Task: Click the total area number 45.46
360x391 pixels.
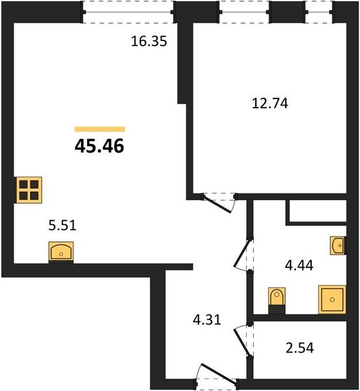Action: click(99, 146)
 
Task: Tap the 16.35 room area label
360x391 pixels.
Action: click(148, 41)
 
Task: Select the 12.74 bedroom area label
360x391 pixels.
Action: click(270, 103)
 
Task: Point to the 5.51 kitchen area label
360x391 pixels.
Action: click(62, 225)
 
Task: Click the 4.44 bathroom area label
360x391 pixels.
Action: click(299, 265)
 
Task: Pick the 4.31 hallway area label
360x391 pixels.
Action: click(207, 320)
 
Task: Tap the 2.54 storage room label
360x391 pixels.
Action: click(299, 348)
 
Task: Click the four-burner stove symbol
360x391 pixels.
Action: click(29, 190)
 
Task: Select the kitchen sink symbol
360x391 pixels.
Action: click(61, 252)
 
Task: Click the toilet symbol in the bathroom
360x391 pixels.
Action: click(277, 300)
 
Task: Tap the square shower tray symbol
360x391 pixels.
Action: click(332, 300)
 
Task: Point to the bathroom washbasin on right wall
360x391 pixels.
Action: click(338, 246)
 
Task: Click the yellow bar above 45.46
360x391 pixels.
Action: click(100, 129)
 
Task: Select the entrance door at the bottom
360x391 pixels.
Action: click(219, 373)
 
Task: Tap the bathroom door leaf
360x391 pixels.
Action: click(242, 253)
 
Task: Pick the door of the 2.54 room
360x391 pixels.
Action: click(242, 342)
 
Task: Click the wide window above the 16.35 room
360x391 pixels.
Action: click(128, 12)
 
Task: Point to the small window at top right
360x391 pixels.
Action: click(319, 12)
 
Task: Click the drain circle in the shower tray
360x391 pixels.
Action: click(332, 300)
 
